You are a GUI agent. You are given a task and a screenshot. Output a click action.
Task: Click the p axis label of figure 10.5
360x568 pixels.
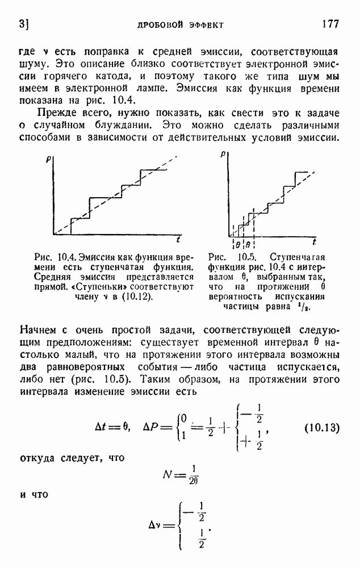pyautogui.click(x=223, y=153)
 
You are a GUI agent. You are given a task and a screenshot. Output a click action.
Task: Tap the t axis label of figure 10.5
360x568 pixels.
pyautogui.click(x=313, y=241)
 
